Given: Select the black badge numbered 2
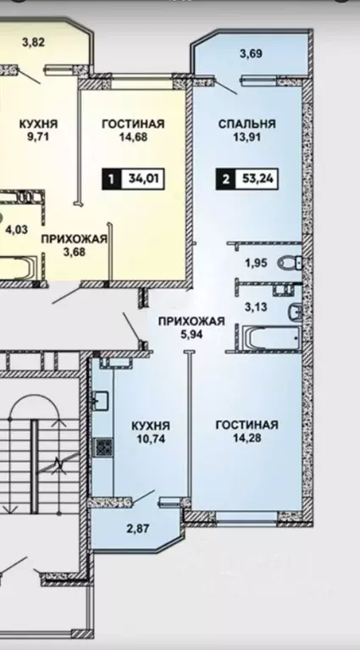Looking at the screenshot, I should (225, 179).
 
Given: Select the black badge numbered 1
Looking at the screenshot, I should (110, 179).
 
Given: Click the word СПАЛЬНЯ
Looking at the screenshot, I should (246, 125).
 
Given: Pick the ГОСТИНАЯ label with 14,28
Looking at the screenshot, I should (246, 425).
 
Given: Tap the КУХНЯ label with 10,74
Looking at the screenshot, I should (152, 425).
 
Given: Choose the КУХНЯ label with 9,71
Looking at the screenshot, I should (38, 125).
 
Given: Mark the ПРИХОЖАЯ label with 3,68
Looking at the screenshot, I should (74, 239).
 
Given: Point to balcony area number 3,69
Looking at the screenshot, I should (250, 55).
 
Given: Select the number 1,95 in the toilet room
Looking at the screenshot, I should (256, 264).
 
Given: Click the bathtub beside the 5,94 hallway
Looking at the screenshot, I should (269, 337).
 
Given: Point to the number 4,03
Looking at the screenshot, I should (16, 228).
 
